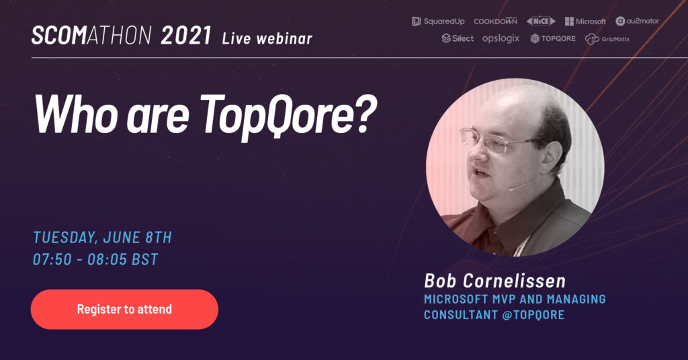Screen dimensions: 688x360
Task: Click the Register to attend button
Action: tap(124, 309)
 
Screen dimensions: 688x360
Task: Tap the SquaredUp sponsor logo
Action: tap(438, 21)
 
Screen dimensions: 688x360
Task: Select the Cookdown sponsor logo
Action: tap(495, 21)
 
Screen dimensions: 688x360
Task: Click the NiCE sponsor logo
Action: tap(541, 21)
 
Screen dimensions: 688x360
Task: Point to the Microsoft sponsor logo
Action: tap(585, 21)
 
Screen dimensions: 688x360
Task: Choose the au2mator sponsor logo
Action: tap(637, 21)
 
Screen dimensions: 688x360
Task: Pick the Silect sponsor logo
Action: tap(458, 38)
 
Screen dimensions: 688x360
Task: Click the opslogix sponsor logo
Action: tap(501, 38)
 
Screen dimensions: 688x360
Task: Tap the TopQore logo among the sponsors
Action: tap(553, 38)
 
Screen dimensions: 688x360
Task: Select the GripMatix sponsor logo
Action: tap(607, 39)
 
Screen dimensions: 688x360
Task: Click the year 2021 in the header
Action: tap(186, 36)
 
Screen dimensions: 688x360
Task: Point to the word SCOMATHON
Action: tap(91, 36)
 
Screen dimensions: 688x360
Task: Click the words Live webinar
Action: tap(267, 38)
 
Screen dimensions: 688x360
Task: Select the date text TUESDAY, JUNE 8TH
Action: tap(102, 237)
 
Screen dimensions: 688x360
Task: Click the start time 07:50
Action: tap(52, 259)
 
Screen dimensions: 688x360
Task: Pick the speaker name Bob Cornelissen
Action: tap(495, 281)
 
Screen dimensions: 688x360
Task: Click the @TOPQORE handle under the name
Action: tap(533, 314)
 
